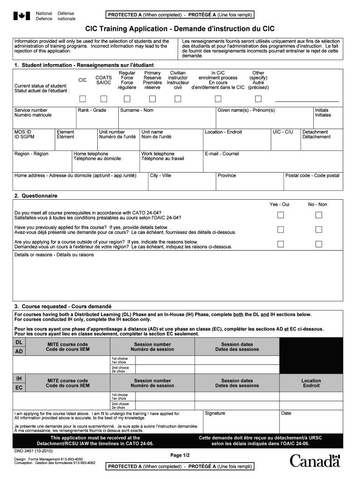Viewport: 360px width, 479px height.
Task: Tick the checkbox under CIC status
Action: pyautogui.click(x=83, y=99)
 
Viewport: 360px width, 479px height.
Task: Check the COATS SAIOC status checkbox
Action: pyautogui.click(x=104, y=99)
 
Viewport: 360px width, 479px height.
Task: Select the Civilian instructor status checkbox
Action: pyautogui.click(x=178, y=99)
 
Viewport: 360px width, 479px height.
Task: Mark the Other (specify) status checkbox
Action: pyautogui.click(x=258, y=99)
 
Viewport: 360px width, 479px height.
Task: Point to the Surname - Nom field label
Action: pyautogui.click(x=137, y=110)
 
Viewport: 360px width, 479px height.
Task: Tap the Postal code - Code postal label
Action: pyautogui.click(x=312, y=176)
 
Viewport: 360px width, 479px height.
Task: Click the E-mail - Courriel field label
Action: pyautogui.click(x=222, y=154)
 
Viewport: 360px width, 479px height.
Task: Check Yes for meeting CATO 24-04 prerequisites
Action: pyautogui.click(x=281, y=215)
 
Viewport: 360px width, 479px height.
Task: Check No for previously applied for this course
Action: pyautogui.click(x=319, y=230)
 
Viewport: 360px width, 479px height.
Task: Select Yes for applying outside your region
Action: pyautogui.click(x=281, y=244)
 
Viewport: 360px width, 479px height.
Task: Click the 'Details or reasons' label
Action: pyautogui.click(x=54, y=255)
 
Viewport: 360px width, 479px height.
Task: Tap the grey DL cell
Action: pyautogui.click(x=19, y=343)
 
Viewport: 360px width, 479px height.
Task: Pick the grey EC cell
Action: pyautogui.click(x=19, y=388)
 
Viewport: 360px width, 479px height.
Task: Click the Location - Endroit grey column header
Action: pyautogui.click(x=311, y=383)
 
